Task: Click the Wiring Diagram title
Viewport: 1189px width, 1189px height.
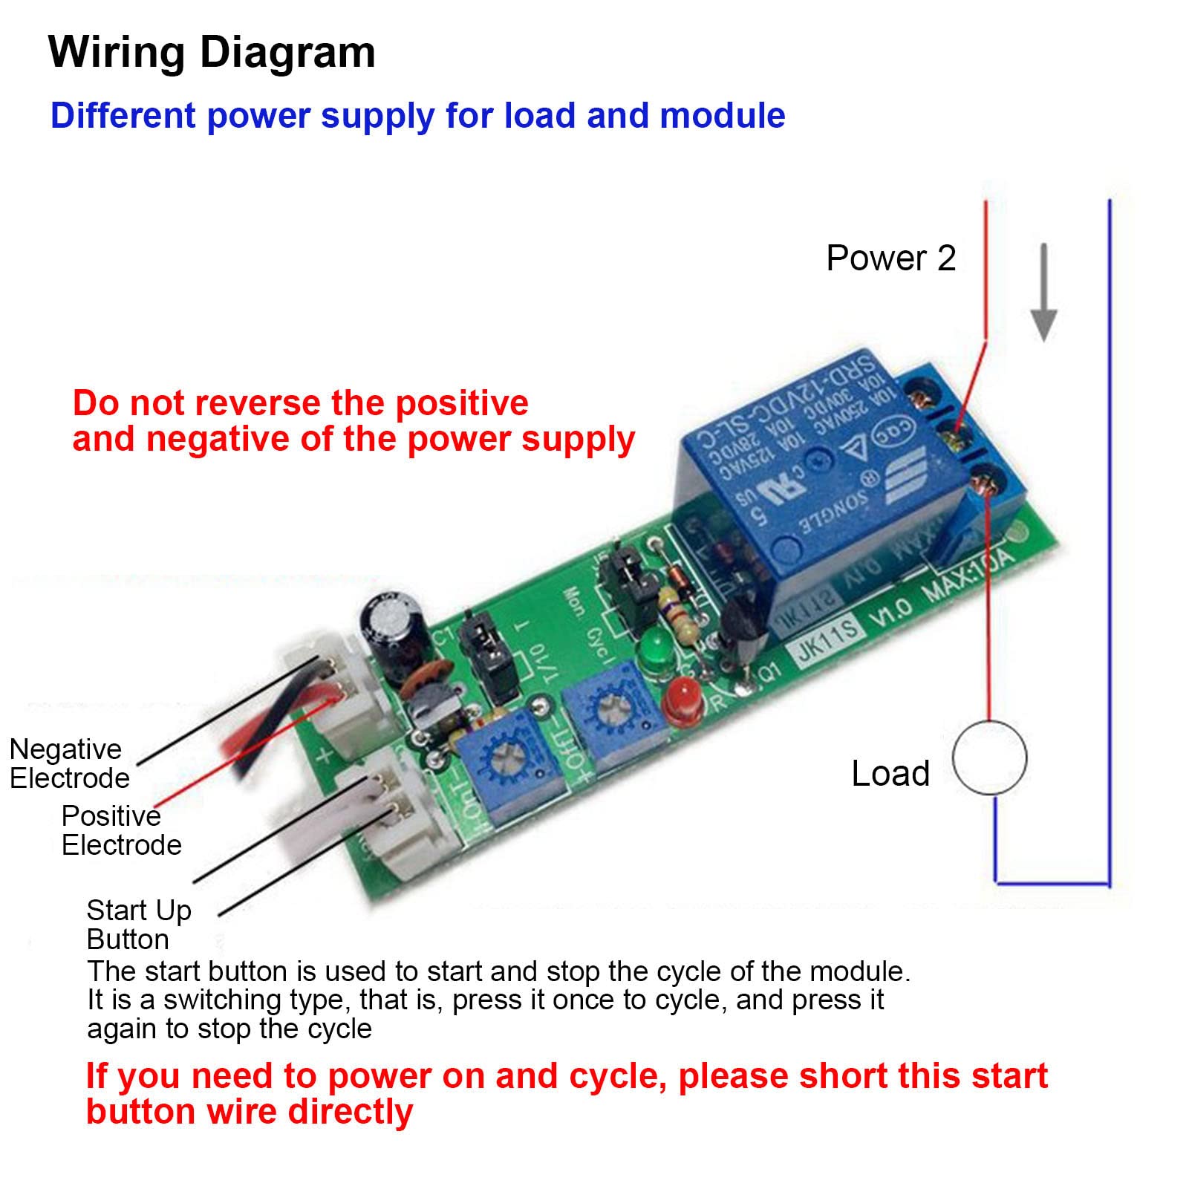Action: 212,53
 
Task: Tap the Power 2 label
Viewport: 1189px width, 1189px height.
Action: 890,258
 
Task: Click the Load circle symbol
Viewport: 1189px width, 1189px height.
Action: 989,758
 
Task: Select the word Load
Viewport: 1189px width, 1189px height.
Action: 890,774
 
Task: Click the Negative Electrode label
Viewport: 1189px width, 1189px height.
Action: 68,763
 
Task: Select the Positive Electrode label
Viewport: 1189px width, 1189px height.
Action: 120,830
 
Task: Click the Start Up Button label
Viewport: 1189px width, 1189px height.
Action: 138,925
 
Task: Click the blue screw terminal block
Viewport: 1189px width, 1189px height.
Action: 962,438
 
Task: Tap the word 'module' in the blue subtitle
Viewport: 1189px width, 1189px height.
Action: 722,116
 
